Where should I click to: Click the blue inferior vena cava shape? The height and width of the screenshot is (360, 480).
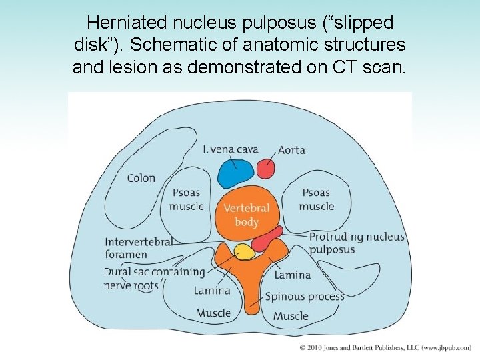pyautogui.click(x=236, y=173)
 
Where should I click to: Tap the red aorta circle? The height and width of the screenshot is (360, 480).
pyautogui.click(x=266, y=169)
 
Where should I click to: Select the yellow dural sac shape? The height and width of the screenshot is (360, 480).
pyautogui.click(x=244, y=252)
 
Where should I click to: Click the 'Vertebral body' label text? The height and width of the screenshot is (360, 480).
pyautogui.click(x=247, y=215)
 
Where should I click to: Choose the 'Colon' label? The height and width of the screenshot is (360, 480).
pyautogui.click(x=141, y=178)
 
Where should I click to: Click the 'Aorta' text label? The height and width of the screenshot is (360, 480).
pyautogui.click(x=291, y=150)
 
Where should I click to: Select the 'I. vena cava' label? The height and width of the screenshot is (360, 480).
pyautogui.click(x=230, y=149)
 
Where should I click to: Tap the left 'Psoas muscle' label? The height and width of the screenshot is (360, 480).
pyautogui.click(x=186, y=199)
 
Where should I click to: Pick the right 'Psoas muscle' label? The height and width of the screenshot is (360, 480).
pyautogui.click(x=316, y=199)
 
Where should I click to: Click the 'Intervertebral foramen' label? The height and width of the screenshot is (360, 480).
pyautogui.click(x=138, y=247)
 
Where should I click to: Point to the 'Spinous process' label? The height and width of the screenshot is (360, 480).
pyautogui.click(x=305, y=297)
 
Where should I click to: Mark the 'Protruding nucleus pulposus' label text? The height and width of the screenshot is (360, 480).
pyautogui.click(x=356, y=243)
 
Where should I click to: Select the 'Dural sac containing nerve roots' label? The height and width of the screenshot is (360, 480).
pyautogui.click(x=154, y=279)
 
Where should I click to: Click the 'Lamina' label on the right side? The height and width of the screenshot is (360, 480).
pyautogui.click(x=293, y=275)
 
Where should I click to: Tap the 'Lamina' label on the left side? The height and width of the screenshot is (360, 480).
pyautogui.click(x=212, y=290)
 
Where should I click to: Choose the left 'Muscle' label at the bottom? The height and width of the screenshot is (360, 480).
pyautogui.click(x=213, y=313)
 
